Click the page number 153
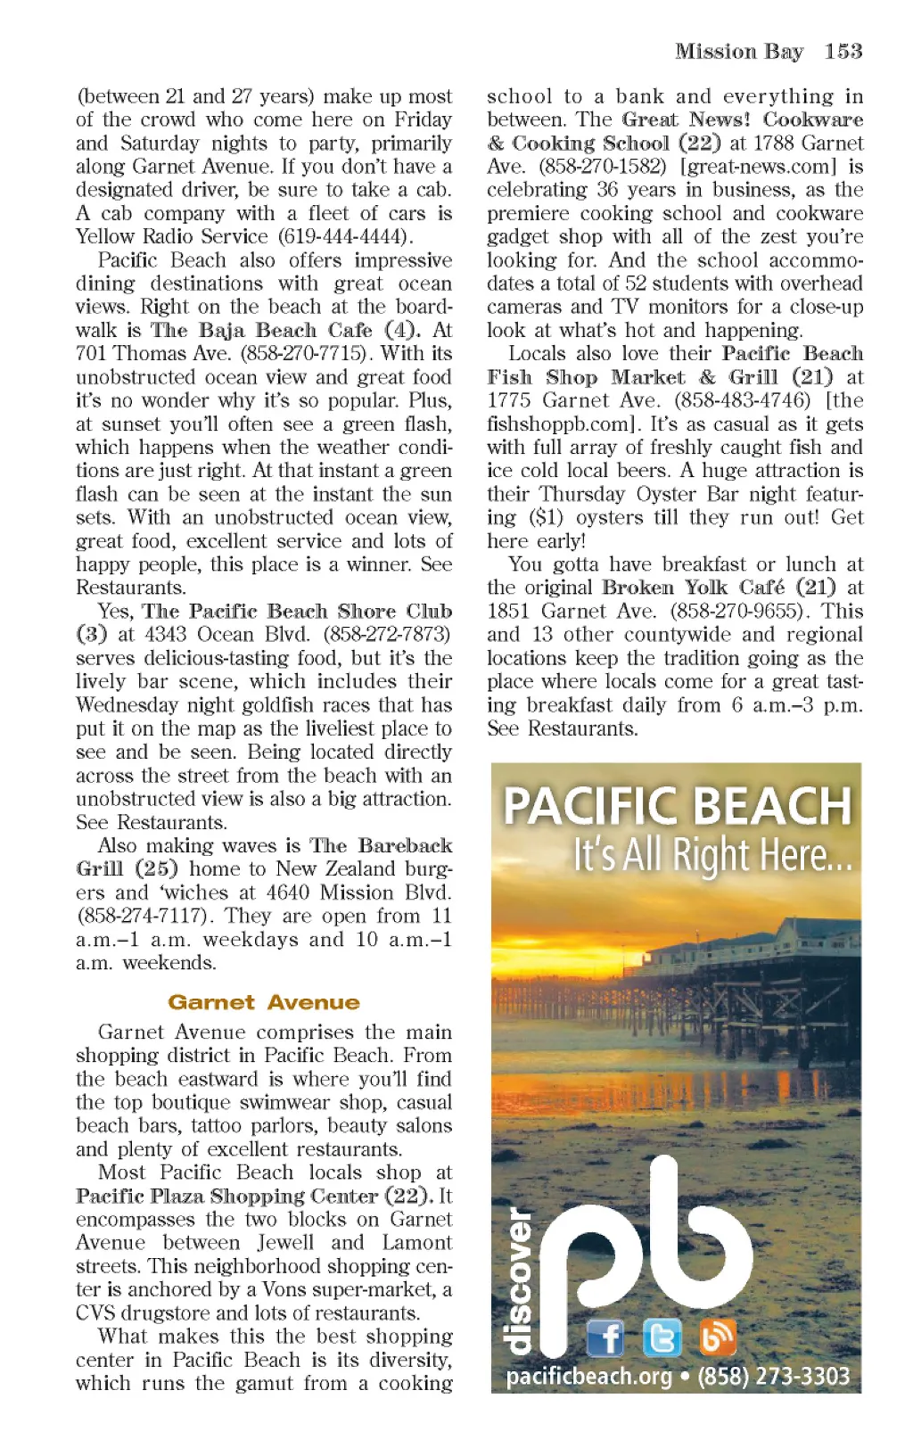point(843,52)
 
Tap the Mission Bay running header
point(738,52)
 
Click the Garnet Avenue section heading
point(263,1002)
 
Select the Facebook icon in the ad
point(605,1337)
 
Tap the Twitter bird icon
point(662,1337)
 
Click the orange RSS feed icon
point(717,1337)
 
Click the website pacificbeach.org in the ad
point(588,1376)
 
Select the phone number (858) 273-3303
point(773,1376)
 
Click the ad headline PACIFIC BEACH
point(677,806)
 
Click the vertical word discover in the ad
point(518,1279)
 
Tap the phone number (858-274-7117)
point(145,916)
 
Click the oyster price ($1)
point(546,518)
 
